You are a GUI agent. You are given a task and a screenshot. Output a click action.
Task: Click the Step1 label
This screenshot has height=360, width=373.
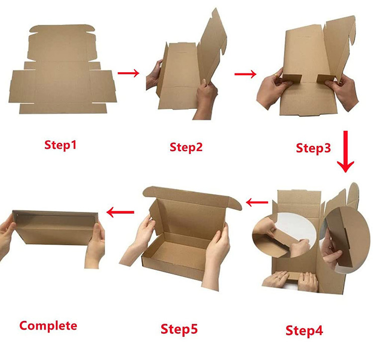point(60,145)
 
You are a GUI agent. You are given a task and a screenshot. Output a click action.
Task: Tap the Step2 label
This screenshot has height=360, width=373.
point(186,147)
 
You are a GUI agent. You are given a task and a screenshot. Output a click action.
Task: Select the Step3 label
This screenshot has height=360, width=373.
point(313,148)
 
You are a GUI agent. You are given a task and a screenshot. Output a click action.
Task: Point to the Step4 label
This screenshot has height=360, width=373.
point(304,331)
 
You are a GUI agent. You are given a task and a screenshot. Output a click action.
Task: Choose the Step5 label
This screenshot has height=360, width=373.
point(179,329)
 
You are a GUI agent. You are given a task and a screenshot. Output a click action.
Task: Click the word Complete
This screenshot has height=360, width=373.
point(48,326)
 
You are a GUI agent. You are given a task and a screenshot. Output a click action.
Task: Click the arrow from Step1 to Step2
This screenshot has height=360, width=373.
point(128,73)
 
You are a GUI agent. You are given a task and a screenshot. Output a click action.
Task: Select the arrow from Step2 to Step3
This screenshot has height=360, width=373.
point(245,74)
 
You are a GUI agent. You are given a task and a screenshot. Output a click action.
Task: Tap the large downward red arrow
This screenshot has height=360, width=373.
point(346,152)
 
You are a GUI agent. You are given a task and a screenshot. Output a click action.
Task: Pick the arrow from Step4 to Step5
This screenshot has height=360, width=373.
point(257,202)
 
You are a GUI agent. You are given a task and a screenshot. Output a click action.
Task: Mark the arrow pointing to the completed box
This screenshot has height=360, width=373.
point(120,212)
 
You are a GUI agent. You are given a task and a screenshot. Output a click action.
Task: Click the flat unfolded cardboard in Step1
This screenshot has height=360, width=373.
point(63,70)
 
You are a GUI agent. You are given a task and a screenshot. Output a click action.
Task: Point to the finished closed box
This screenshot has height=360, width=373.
point(55,228)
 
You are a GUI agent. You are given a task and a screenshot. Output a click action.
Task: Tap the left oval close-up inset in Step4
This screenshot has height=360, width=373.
point(284,235)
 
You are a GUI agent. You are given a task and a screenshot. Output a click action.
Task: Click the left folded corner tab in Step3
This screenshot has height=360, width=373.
point(292,78)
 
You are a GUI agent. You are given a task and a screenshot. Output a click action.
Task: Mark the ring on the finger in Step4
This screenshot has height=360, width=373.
point(278,277)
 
